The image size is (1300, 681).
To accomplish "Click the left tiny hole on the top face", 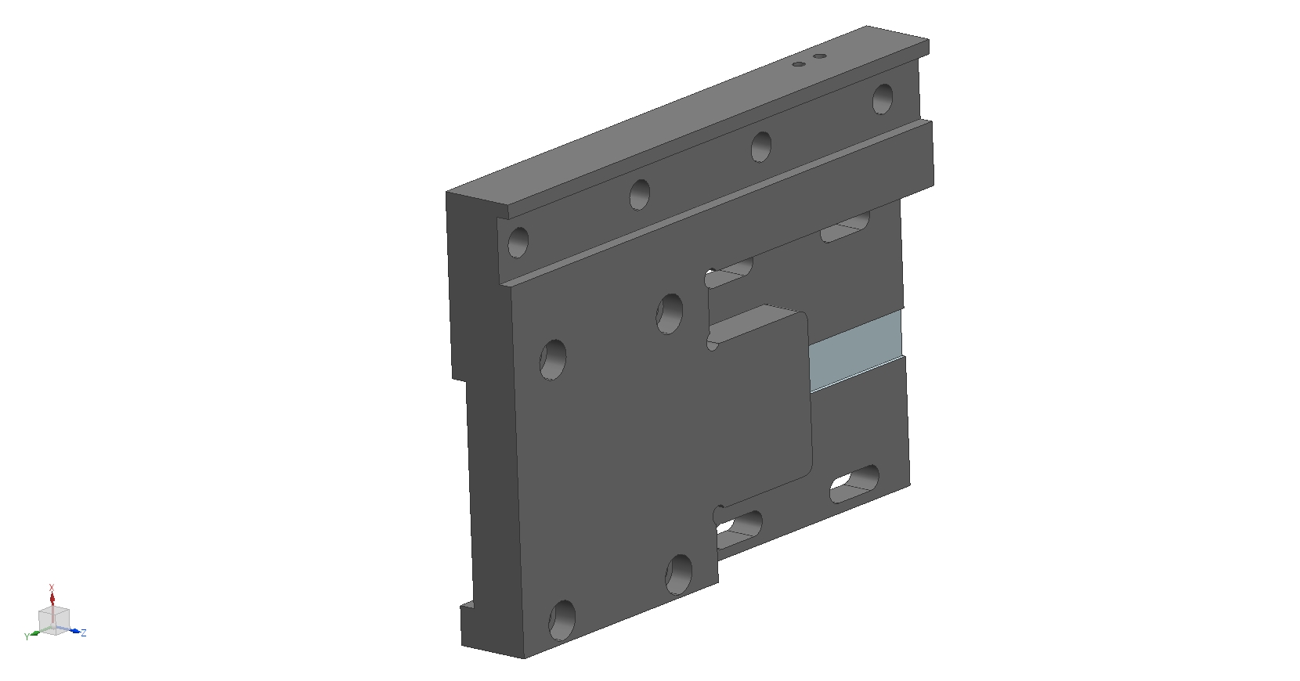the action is tap(799, 64).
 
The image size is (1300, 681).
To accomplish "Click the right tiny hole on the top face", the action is tap(820, 56).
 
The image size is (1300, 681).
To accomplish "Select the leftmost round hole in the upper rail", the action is tap(518, 243).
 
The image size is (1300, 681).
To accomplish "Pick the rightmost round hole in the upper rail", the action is tap(883, 99).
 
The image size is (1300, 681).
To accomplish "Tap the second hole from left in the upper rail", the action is tap(640, 194).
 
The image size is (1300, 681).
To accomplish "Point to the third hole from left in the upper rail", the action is tap(761, 146).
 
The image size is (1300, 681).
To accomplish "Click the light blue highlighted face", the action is tap(856, 351).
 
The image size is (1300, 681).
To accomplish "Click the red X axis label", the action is tap(52, 588).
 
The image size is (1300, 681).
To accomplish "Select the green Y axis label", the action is tap(27, 637).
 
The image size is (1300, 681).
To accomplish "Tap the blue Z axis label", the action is tap(84, 632).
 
